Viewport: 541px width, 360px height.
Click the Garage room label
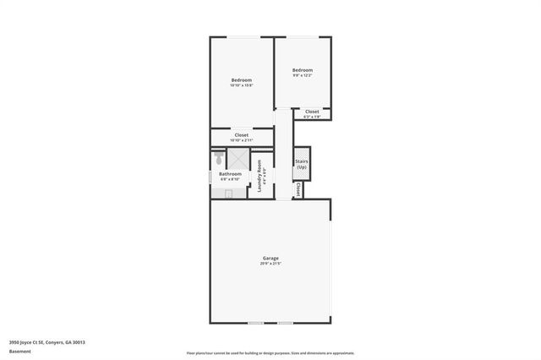(x=270, y=258)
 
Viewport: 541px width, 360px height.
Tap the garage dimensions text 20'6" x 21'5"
(x=270, y=264)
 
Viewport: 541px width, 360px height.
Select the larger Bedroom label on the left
(x=242, y=80)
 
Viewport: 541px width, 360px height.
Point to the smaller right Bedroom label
(x=303, y=70)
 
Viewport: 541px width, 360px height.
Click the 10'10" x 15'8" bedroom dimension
(x=242, y=86)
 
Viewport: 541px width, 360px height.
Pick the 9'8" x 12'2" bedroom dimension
(x=303, y=76)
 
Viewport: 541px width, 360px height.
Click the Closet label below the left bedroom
(x=242, y=134)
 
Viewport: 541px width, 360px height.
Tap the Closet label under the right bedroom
(x=312, y=111)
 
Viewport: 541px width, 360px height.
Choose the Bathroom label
(x=230, y=174)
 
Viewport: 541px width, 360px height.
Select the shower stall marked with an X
(x=238, y=159)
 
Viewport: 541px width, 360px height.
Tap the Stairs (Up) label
(x=301, y=163)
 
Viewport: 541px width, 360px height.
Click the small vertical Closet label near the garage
(x=298, y=191)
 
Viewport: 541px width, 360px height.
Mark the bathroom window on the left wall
(x=210, y=177)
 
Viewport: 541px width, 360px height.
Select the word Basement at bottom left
(x=19, y=351)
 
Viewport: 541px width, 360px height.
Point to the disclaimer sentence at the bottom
(x=270, y=352)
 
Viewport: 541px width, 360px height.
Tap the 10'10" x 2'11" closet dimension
(x=242, y=140)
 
